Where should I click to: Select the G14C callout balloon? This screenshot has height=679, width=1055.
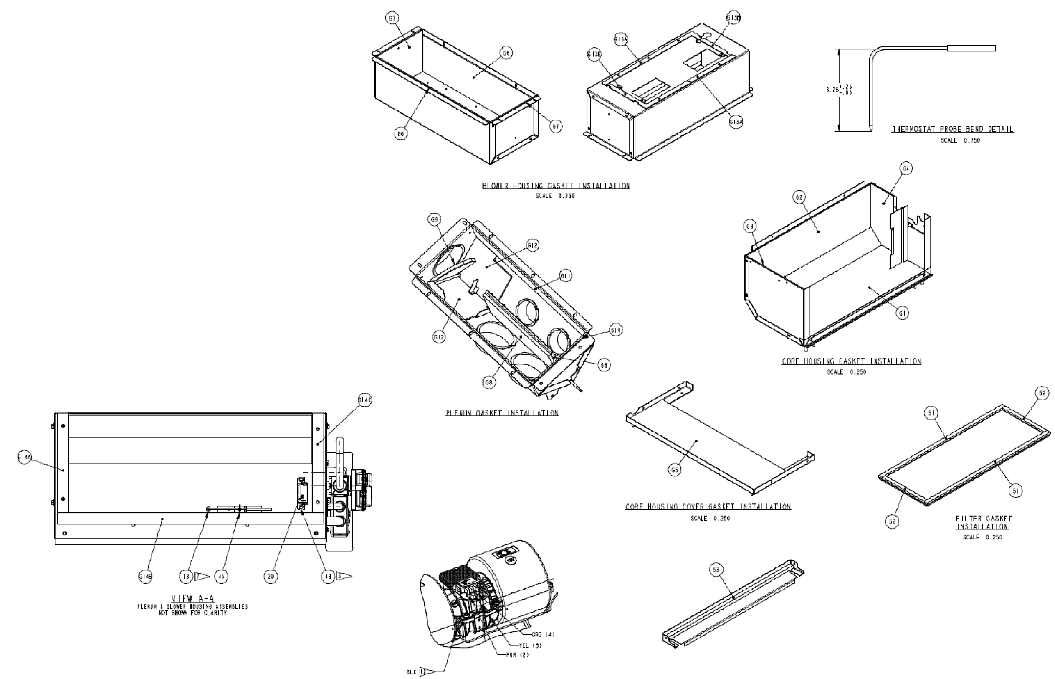(365, 400)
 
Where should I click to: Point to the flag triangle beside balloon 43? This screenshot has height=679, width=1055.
(345, 576)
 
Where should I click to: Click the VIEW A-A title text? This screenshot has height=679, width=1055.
(193, 598)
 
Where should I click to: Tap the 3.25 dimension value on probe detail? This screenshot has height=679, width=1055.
(833, 90)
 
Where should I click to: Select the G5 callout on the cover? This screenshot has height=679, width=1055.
(674, 470)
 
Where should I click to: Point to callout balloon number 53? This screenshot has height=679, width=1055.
(716, 570)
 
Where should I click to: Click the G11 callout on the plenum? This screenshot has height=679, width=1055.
(566, 276)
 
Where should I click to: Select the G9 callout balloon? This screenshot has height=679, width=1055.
(435, 220)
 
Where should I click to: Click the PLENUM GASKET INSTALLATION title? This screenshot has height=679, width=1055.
(502, 413)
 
